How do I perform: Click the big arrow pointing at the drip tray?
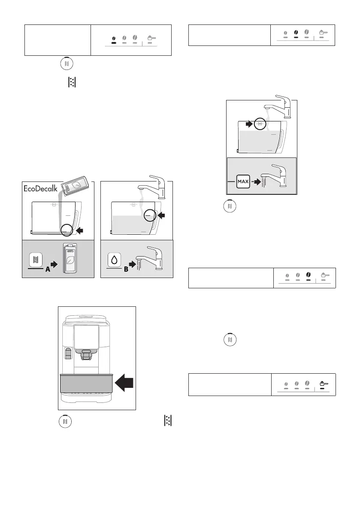click(x=125, y=381)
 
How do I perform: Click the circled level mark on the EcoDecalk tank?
click(x=66, y=230)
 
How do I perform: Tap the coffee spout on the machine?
click(x=87, y=353)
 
